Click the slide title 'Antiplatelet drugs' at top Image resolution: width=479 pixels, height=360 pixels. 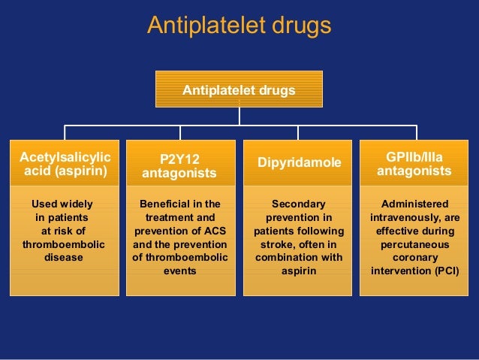pyautogui.click(x=239, y=26)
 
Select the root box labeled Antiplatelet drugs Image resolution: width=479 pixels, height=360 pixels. pyautogui.click(x=239, y=89)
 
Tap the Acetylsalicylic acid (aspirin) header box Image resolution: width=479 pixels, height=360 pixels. pyautogui.click(x=63, y=164)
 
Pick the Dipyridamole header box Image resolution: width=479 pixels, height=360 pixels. pyautogui.click(x=299, y=163)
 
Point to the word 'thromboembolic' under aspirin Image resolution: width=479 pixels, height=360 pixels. pyautogui.click(x=64, y=244)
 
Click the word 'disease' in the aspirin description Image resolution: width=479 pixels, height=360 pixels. pyautogui.click(x=64, y=258)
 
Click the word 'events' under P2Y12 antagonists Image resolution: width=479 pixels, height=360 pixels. pyautogui.click(x=180, y=271)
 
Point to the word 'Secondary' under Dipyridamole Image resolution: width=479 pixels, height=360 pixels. pyautogui.click(x=299, y=204)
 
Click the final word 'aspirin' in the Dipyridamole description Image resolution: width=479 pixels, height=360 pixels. pyautogui.click(x=299, y=271)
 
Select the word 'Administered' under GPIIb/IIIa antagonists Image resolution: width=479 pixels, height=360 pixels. pyautogui.click(x=414, y=204)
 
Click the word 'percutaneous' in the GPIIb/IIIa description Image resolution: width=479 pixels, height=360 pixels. pyautogui.click(x=414, y=244)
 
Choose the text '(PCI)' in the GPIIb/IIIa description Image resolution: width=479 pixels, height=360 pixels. pyautogui.click(x=444, y=271)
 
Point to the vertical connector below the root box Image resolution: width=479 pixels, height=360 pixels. pyautogui.click(x=239, y=116)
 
